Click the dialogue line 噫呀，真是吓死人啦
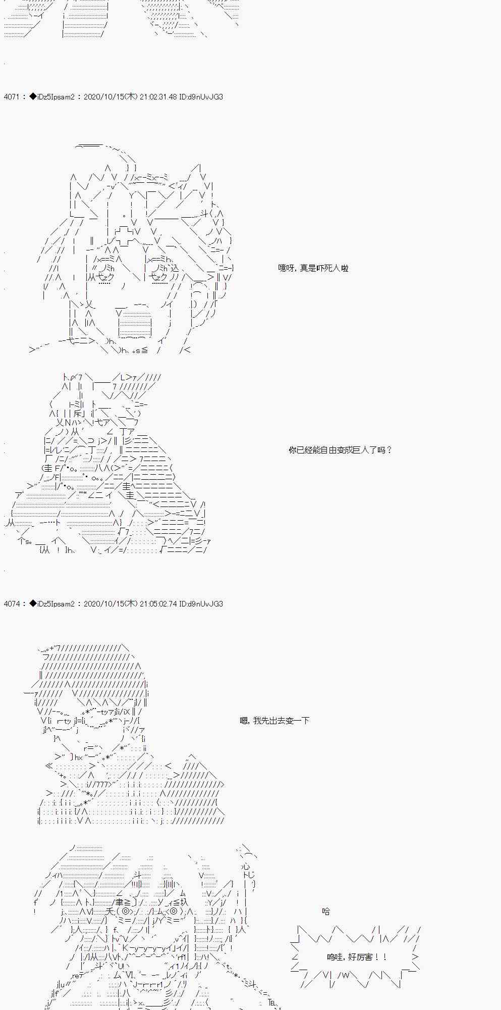pos(313,268)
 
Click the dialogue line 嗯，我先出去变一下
pos(274,721)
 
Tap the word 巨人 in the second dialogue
pos(358,450)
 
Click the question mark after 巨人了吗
pos(389,450)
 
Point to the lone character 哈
pos(326,912)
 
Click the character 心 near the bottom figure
pos(245,866)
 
